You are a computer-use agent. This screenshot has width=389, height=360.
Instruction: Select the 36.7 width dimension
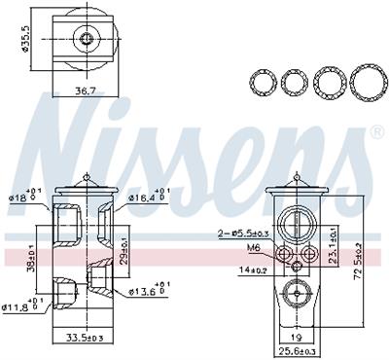85,91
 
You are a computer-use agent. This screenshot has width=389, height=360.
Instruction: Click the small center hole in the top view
85,39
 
